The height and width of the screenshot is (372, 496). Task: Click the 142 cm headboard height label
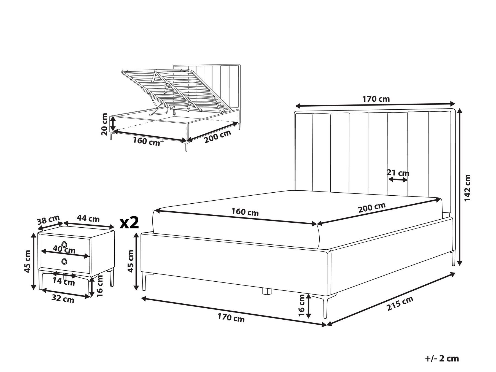[x=468, y=187]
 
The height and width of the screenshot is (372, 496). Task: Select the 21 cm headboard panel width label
[x=398, y=173]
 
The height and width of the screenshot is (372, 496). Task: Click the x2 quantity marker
[x=130, y=223]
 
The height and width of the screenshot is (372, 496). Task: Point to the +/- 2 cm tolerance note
[x=442, y=358]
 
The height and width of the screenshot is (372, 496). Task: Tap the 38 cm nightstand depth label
[x=48, y=220]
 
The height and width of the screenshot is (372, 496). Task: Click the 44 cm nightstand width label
[x=88, y=219]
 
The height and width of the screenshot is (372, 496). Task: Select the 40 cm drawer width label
[x=64, y=250]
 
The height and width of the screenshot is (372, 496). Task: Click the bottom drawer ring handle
[x=64, y=261]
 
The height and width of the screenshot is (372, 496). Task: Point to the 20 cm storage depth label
[x=104, y=124]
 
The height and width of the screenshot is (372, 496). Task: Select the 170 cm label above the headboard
[x=376, y=99]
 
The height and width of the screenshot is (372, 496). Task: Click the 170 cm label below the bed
[x=231, y=318]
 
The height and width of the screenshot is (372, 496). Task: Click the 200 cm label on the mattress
[x=372, y=208]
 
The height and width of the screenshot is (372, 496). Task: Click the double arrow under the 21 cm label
[x=398, y=180]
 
